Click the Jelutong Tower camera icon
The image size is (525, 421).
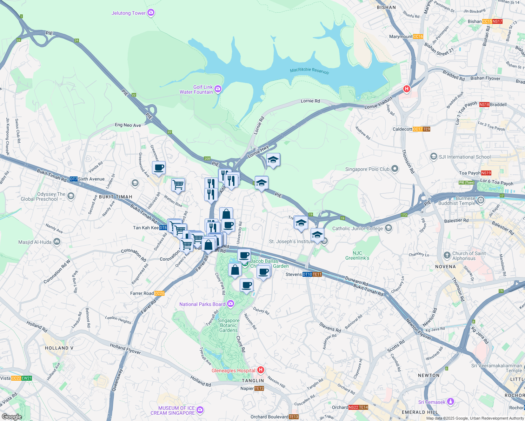tap(151, 13)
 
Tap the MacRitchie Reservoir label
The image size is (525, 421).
tap(310, 71)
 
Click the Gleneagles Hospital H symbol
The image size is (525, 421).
tap(260, 370)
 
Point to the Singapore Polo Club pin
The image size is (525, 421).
tap(395, 169)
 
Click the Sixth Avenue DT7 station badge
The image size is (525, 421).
tap(73, 179)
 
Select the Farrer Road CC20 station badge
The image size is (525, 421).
tap(159, 293)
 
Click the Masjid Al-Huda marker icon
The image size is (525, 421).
tap(57, 242)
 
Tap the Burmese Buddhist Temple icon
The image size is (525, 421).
tap(481, 200)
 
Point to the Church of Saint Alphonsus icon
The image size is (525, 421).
tap(447, 255)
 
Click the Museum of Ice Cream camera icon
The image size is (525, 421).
tap(200, 410)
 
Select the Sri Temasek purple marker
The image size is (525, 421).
tap(451, 402)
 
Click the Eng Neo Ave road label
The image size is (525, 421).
tap(128, 125)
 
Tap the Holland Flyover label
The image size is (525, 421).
tap(125, 349)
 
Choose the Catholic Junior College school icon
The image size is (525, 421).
tap(388, 228)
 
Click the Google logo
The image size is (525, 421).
tap(12, 417)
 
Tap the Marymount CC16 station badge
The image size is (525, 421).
tap(418, 36)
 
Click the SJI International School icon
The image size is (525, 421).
tap(434, 156)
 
